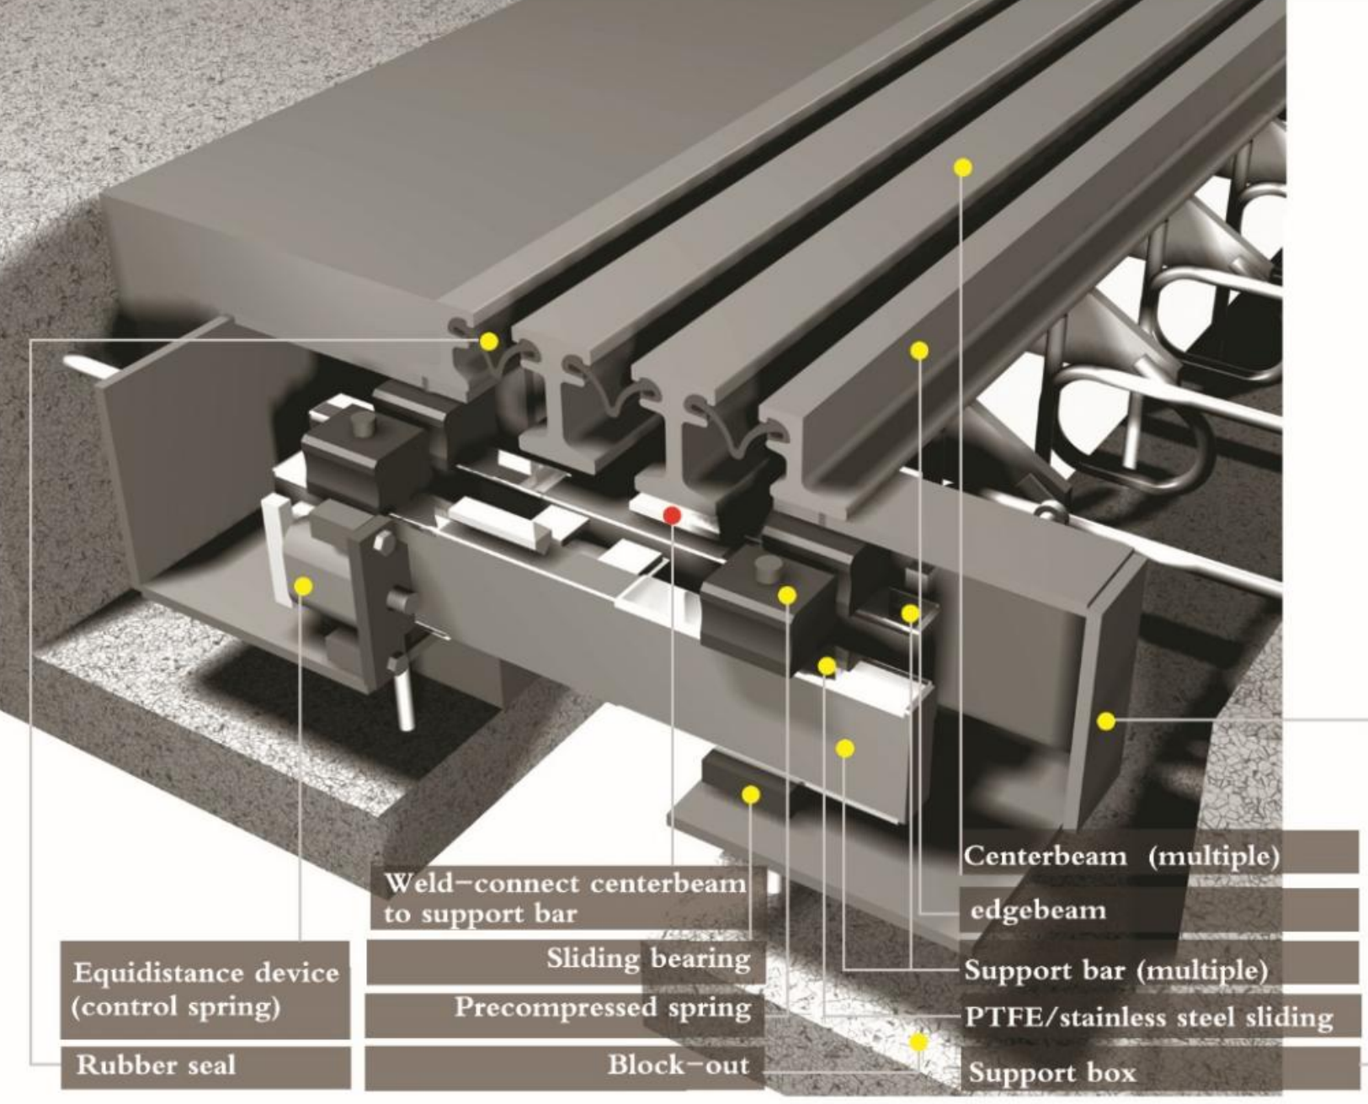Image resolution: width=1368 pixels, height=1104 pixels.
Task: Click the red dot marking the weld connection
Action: pos(672,515)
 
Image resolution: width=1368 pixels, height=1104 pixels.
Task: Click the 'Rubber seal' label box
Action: pos(205,1066)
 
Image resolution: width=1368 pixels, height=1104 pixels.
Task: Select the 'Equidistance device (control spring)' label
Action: pos(205,990)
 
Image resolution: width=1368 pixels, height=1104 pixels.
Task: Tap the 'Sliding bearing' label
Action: pos(566,959)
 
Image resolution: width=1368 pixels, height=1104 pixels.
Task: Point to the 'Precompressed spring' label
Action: pos(566,1008)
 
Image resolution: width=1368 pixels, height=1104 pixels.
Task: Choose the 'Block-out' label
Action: pos(566,1065)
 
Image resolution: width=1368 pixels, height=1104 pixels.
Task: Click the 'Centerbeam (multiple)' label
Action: pos(1158,856)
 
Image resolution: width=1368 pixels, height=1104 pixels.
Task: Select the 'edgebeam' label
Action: pos(1158,910)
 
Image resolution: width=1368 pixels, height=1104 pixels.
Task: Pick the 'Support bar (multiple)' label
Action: pos(1158,970)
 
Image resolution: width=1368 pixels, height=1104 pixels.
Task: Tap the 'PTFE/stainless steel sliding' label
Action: pos(1158,1018)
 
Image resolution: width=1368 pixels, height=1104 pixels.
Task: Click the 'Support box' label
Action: pos(1158,1073)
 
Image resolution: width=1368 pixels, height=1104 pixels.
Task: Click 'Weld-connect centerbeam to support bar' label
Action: pos(566,899)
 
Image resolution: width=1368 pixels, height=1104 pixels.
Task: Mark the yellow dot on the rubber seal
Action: pos(489,341)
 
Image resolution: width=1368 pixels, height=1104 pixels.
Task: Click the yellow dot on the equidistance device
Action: pos(304,586)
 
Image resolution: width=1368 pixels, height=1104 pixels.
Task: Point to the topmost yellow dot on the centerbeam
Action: pos(963,167)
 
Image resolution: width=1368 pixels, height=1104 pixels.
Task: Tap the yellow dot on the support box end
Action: pos(1106,721)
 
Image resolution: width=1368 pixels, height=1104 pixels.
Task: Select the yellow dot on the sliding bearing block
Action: pos(751,794)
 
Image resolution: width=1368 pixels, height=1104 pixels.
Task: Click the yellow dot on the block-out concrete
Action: pos(918,1042)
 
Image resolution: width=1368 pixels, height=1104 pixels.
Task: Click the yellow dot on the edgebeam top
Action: pos(919,350)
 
